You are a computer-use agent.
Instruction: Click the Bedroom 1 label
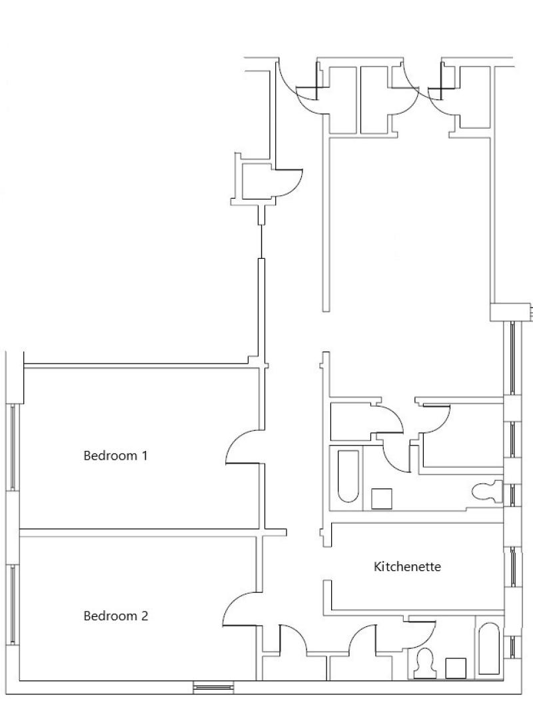(x=115, y=456)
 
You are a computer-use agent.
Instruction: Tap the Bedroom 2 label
(x=115, y=616)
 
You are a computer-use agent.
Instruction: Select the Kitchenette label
(x=407, y=566)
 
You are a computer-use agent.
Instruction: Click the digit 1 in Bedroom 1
(x=144, y=456)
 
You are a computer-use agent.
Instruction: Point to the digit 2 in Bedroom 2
(x=144, y=616)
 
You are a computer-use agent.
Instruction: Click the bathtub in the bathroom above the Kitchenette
(x=348, y=476)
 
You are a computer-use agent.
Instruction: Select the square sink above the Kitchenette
(x=382, y=498)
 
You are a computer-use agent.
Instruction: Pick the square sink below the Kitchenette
(x=456, y=668)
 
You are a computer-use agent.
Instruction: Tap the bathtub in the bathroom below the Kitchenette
(x=488, y=648)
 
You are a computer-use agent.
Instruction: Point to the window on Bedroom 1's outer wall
(x=13, y=447)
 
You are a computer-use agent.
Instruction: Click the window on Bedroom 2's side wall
(x=13, y=604)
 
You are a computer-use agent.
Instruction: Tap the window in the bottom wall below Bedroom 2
(x=213, y=687)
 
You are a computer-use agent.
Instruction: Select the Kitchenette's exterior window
(x=514, y=567)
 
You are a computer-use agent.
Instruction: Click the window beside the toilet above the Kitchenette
(x=514, y=495)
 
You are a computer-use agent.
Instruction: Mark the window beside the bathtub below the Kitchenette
(x=514, y=648)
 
